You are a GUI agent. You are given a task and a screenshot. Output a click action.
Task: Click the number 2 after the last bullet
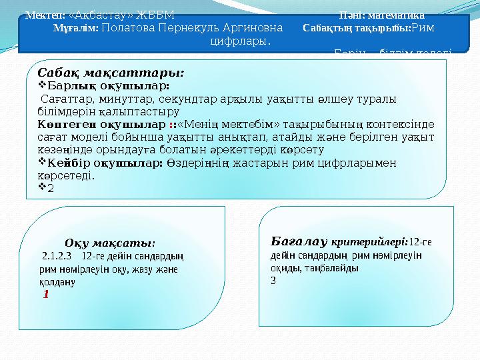(51, 187)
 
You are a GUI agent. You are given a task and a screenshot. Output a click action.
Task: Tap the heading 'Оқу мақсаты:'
(111, 243)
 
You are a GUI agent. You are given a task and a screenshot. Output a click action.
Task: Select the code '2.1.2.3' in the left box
(57, 255)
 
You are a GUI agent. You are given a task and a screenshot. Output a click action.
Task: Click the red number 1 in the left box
(46, 293)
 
